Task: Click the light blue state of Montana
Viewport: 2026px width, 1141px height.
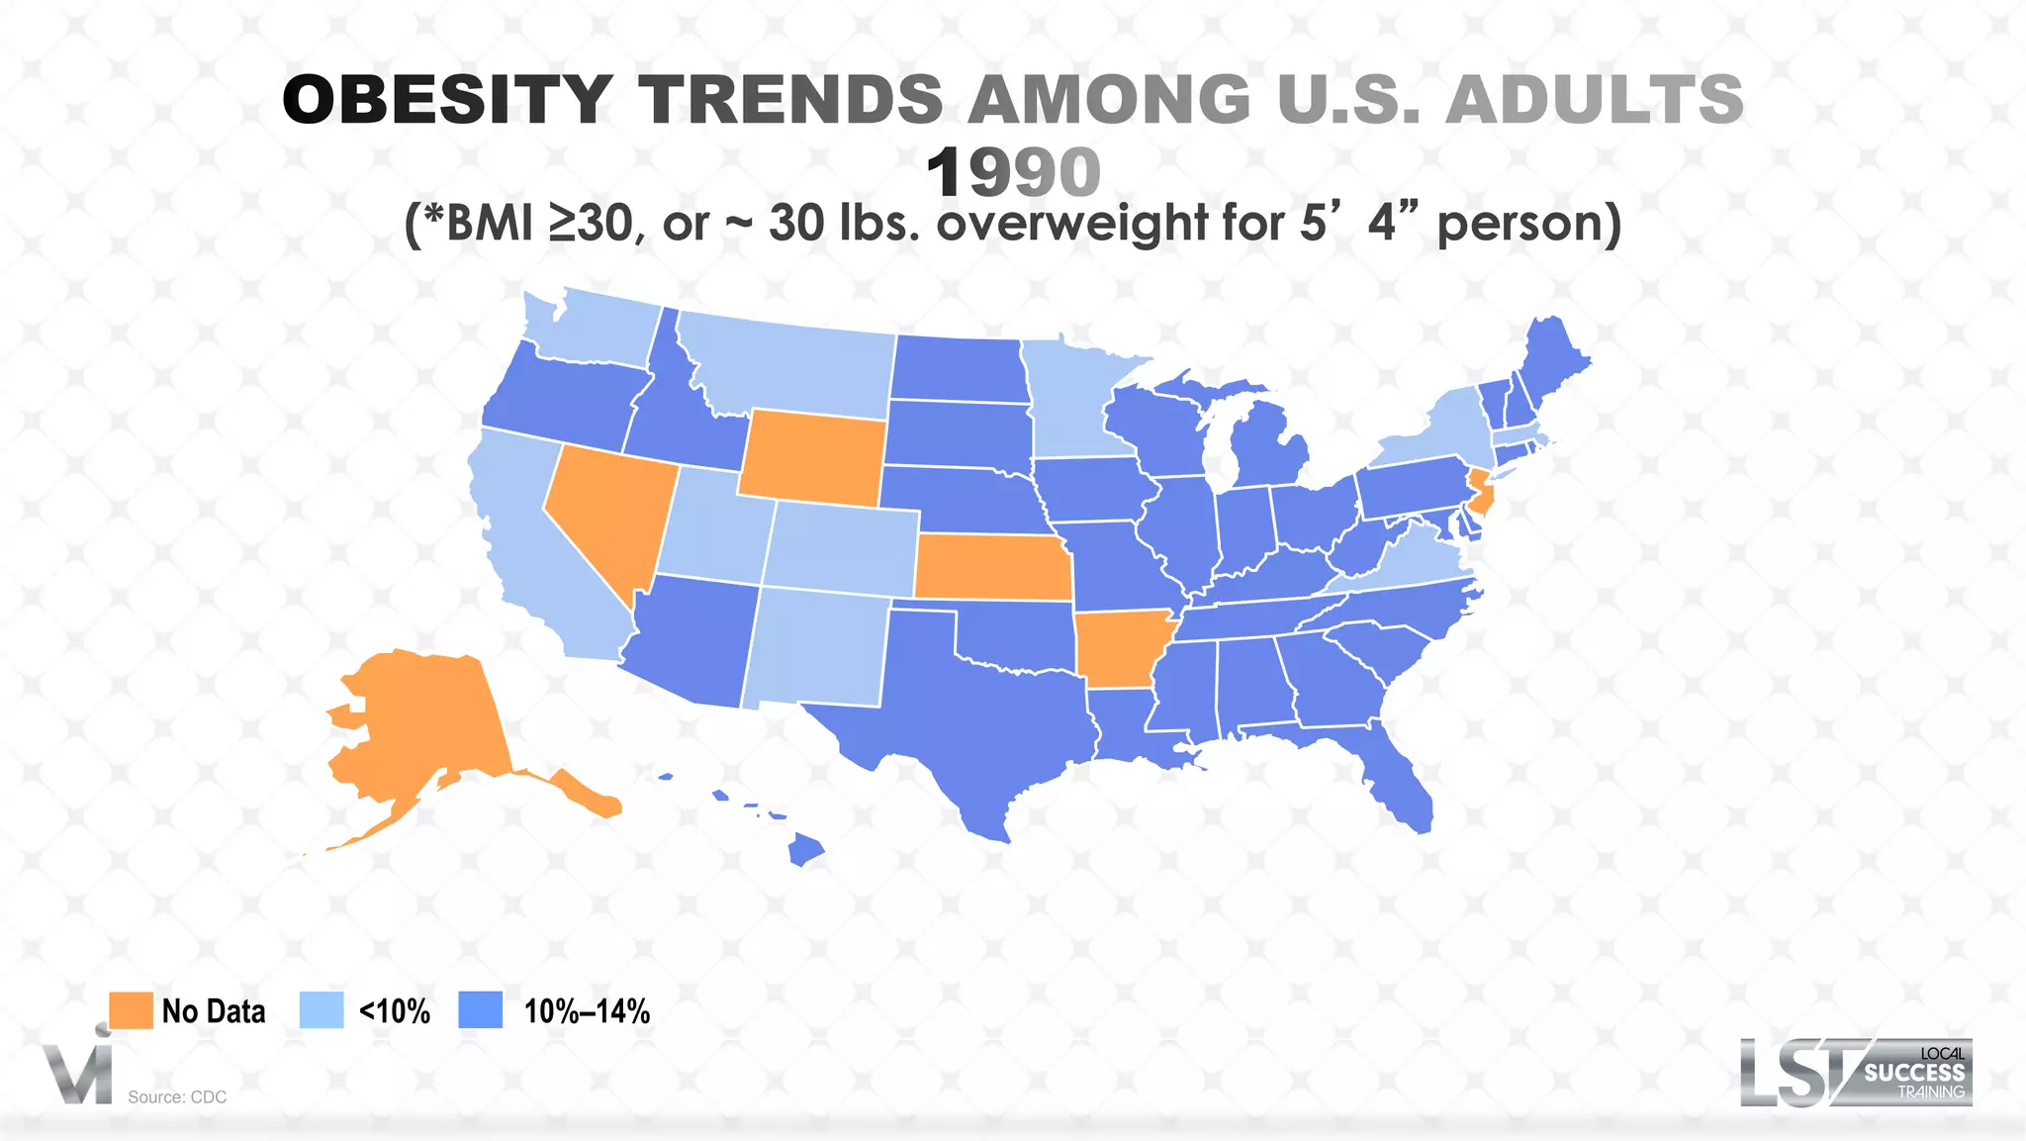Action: point(791,366)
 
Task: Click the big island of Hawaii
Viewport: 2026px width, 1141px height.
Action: point(806,849)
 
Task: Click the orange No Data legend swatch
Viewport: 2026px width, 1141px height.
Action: point(131,1010)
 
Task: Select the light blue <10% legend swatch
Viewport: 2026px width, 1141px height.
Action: point(322,1010)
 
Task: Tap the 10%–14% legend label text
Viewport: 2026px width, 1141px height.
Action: point(587,1011)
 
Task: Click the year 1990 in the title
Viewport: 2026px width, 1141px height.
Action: point(1013,172)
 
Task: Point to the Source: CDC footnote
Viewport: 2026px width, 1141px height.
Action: point(177,1096)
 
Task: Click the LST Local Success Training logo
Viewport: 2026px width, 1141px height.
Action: point(1856,1072)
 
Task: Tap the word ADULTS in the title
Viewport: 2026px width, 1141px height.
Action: point(1594,100)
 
